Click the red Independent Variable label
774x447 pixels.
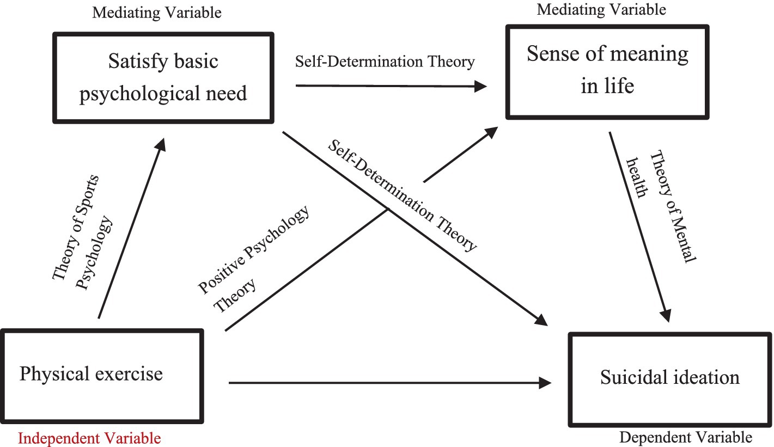[x=89, y=438]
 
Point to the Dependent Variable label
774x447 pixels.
[x=686, y=437]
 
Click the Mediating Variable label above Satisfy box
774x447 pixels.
[x=157, y=13]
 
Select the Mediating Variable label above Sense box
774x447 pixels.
[x=601, y=9]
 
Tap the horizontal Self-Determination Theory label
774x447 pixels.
[x=385, y=62]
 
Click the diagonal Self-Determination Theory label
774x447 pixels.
[x=402, y=195]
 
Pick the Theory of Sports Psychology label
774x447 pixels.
[x=82, y=232]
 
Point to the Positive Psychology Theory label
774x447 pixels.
[x=253, y=259]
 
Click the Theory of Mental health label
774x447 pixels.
[x=661, y=206]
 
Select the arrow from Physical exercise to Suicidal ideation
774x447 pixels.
[x=390, y=383]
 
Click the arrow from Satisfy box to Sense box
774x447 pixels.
[x=391, y=86]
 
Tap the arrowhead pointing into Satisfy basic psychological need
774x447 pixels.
[x=161, y=144]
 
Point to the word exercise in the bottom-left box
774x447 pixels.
[x=129, y=373]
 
